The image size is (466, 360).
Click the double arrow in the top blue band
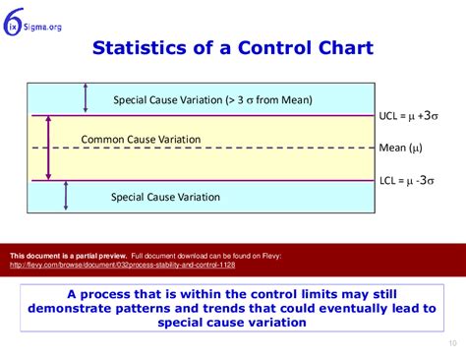87,97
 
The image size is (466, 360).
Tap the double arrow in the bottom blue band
66,196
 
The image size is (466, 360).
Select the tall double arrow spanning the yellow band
48,148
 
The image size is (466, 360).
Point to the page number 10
451,343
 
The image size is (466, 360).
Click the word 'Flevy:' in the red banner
269,256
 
